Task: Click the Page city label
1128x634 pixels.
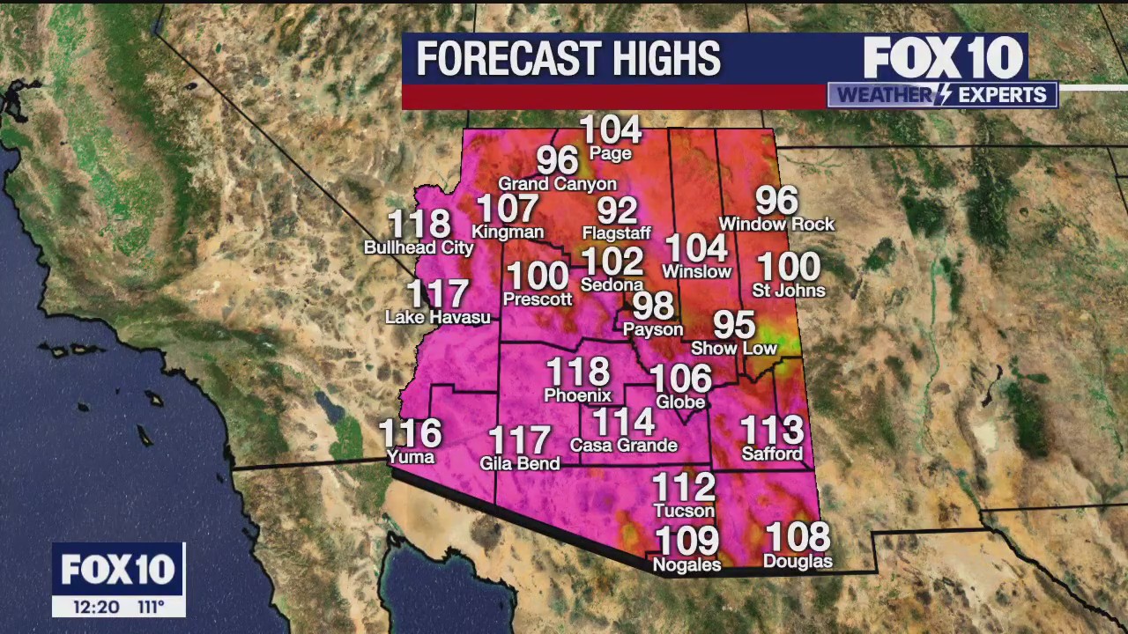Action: (611, 154)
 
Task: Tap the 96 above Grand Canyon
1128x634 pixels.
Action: (557, 161)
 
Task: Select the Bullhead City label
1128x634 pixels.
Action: (419, 248)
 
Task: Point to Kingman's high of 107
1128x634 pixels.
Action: (508, 210)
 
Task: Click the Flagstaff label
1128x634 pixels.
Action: (617, 233)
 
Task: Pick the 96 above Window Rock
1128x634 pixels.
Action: (776, 202)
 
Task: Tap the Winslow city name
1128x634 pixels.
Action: (697, 272)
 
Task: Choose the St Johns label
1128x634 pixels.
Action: (789, 291)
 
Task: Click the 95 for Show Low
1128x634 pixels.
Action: (734, 325)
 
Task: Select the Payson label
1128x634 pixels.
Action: (653, 329)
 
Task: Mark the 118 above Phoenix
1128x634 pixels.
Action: (578, 372)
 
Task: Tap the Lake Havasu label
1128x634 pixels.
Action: (438, 317)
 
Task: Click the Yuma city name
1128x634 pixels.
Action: (411, 457)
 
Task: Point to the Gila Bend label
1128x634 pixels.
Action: (520, 464)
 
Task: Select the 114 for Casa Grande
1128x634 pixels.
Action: (624, 423)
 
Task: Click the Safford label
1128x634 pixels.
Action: (772, 454)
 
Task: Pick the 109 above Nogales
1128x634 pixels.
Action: (686, 540)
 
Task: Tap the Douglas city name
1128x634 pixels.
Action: (798, 562)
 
